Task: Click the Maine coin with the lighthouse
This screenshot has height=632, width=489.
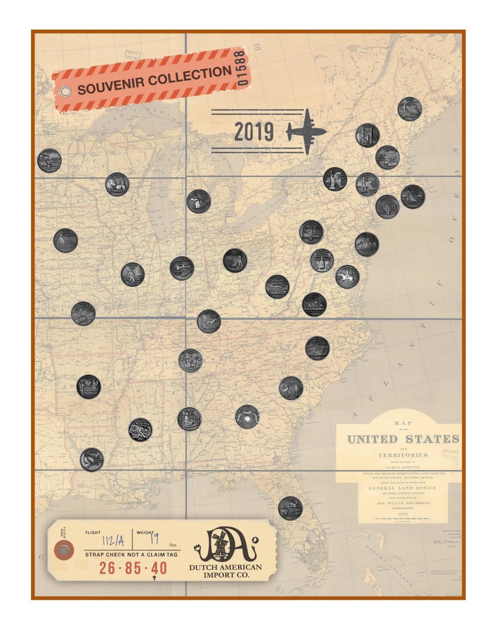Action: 409,109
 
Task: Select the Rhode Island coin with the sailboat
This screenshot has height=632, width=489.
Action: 412,196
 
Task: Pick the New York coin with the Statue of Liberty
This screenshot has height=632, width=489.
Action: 335,179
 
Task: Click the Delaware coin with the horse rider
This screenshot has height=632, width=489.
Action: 347,277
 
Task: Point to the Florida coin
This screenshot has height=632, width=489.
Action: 290,508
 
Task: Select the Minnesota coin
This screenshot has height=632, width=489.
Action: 49,161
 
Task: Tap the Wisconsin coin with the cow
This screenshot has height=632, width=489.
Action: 117,185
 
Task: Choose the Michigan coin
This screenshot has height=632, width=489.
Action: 198,201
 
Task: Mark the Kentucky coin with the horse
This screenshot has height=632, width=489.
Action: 209,321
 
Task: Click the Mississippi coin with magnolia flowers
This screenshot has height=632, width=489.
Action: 140,430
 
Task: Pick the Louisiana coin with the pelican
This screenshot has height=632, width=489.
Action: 92,460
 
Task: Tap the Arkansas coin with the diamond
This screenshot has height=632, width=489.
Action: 89,387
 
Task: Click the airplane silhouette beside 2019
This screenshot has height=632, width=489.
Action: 306,131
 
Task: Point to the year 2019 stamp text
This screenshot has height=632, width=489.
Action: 254,132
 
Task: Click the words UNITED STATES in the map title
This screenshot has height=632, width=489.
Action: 403,439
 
